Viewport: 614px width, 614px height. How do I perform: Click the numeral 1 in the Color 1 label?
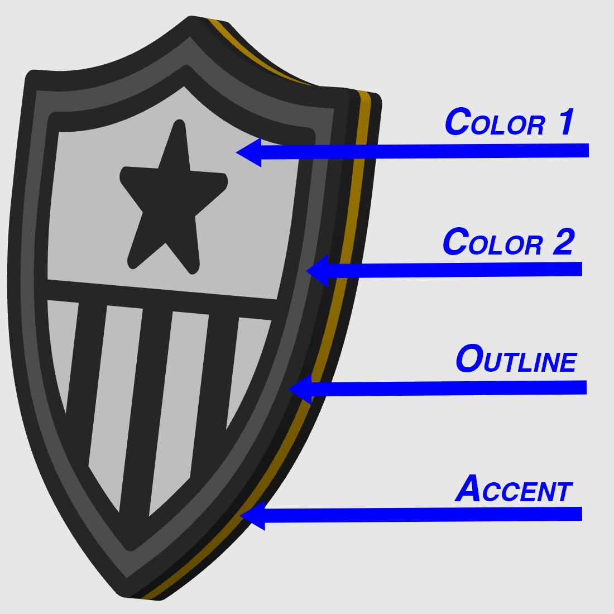tap(566, 122)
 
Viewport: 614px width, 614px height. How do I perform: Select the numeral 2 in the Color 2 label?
tap(564, 242)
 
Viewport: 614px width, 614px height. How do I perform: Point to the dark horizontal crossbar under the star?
tap(161, 300)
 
